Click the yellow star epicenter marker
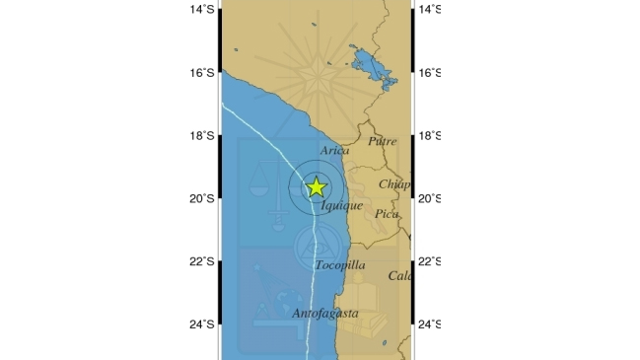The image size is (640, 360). (316, 186)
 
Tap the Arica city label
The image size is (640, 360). (335, 150)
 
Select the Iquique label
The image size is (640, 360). (342, 206)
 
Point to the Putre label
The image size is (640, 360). (382, 142)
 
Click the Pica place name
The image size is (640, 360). (388, 214)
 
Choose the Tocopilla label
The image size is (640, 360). (340, 265)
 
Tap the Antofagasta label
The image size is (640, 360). (324, 314)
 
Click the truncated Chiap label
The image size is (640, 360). (394, 184)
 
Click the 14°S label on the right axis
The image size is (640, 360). (430, 10)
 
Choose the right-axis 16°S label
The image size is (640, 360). (430, 73)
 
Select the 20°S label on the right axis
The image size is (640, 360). (430, 198)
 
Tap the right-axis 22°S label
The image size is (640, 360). (430, 261)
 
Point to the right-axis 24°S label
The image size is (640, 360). (430, 324)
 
